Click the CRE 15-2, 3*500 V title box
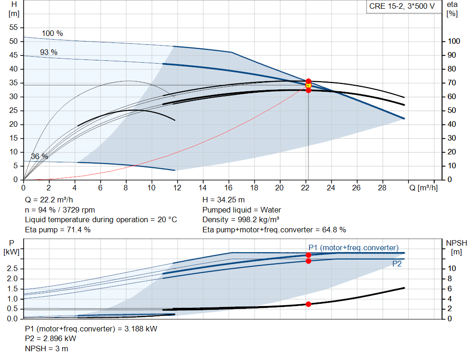pos(401,6)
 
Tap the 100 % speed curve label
pos(52,34)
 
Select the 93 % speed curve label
pos(49,53)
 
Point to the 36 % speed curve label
pos(39,157)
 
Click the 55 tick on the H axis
pos(13,28)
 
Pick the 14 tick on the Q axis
pos(203,188)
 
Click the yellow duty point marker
pos(308,85)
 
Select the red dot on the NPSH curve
pos(308,304)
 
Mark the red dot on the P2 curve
pos(308,261)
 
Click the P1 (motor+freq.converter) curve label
pos(354,248)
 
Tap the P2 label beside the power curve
pos(397,264)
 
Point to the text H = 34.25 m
pos(224,200)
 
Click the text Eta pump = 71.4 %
pos(58,229)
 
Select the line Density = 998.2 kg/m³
pos(241,219)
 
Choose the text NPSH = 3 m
pos(47,348)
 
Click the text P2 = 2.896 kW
pos(50,338)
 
